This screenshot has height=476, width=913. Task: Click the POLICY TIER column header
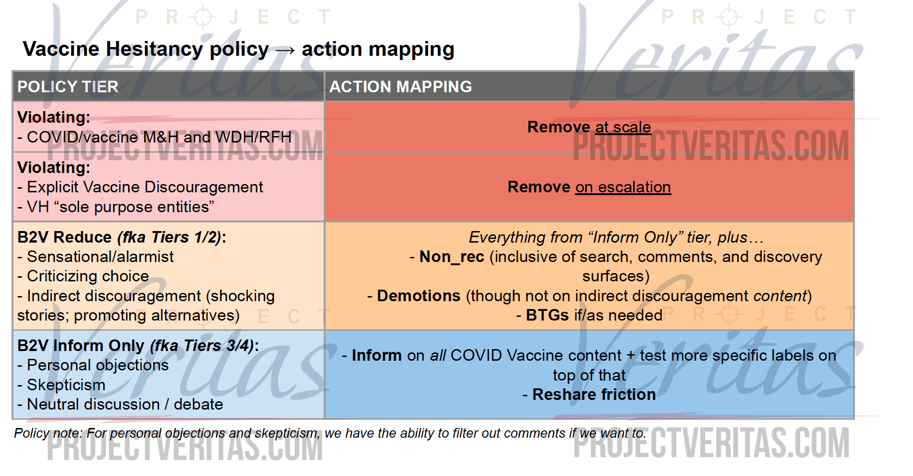(68, 87)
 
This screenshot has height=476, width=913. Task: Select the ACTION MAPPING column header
(400, 87)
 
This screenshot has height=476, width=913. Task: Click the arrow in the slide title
(285, 50)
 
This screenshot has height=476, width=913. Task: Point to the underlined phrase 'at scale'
(623, 127)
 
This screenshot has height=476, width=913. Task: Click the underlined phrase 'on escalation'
(623, 187)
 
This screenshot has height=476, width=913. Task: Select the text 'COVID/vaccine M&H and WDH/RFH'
(159, 137)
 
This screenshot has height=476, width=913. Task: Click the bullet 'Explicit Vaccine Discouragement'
(145, 187)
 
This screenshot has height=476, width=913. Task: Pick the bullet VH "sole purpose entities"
(120, 207)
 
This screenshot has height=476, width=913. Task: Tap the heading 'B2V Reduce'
(65, 237)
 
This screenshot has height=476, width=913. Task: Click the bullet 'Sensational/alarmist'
(100, 256)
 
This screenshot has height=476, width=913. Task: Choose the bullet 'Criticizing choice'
(88, 276)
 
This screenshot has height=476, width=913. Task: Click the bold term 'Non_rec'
(452, 257)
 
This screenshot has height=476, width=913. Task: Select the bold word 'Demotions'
(419, 296)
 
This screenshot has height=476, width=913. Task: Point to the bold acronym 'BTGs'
(547, 315)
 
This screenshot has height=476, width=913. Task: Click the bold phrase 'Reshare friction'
(594, 394)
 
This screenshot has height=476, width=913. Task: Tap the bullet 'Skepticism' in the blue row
(66, 385)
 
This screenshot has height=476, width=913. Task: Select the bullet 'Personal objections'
(98, 365)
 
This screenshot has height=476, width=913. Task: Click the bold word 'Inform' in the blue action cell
(377, 355)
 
